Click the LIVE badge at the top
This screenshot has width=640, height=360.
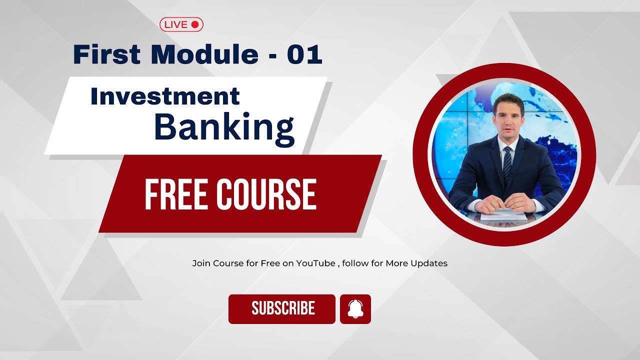click(x=181, y=24)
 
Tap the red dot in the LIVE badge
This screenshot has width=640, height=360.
click(x=195, y=24)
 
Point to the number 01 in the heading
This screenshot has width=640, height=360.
click(x=304, y=54)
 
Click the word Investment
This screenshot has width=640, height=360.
click(x=165, y=96)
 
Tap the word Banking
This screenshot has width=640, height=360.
click(x=224, y=127)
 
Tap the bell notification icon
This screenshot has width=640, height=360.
click(x=355, y=309)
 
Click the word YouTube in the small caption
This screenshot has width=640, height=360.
click(x=315, y=263)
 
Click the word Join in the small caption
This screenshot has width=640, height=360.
click(x=201, y=263)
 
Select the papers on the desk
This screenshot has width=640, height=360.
click(x=503, y=216)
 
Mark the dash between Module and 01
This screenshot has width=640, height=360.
click(x=272, y=55)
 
